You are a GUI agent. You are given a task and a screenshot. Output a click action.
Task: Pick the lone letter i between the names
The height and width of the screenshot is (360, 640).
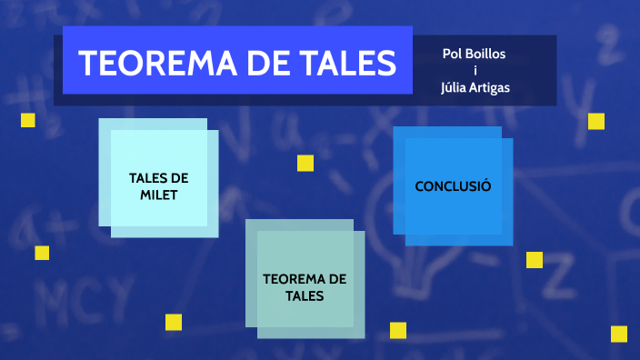[x=475, y=70]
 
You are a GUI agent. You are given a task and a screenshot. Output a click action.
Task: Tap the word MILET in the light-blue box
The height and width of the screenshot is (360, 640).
[x=159, y=195]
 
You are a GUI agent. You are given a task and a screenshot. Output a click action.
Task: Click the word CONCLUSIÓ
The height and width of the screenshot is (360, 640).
[x=453, y=186]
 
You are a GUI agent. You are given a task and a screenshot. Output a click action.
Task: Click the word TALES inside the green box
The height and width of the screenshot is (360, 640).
[x=305, y=295]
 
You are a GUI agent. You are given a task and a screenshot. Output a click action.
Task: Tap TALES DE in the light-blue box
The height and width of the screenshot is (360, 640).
[x=159, y=178]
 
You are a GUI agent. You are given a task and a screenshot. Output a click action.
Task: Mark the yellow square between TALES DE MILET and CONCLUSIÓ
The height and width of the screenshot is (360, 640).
[x=305, y=163]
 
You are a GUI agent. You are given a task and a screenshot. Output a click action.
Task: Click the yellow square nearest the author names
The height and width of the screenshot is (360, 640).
[x=596, y=121]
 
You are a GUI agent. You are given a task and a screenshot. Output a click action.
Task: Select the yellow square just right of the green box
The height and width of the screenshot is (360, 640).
[x=398, y=330]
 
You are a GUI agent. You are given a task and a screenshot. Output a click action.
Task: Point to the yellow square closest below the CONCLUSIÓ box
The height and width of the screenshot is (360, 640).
[x=535, y=260]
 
